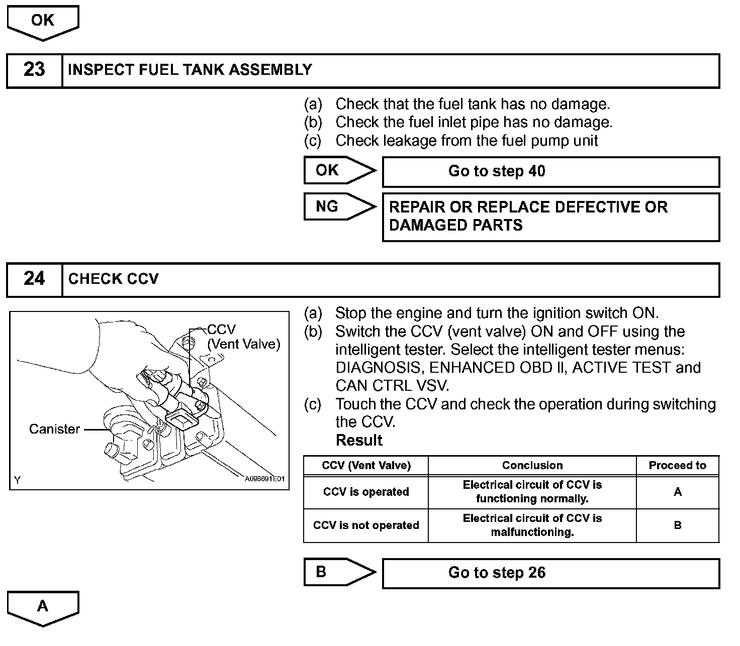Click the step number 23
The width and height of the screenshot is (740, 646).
point(34,70)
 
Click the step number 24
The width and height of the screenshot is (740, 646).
point(34,279)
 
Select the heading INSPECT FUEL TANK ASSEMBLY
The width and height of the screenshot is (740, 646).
point(190,70)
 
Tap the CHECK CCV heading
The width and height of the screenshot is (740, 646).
point(114,279)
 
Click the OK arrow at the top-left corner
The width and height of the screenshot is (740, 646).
point(43,22)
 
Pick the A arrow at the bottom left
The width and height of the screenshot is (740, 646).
point(43,606)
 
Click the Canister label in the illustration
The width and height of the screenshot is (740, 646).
point(54,429)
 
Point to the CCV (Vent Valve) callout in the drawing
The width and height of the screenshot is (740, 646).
point(243,337)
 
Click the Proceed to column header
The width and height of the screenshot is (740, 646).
point(677,466)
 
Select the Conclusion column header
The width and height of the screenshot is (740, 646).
point(532,466)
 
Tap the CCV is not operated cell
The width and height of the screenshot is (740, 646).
point(366,525)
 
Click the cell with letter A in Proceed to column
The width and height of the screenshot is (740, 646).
point(677,492)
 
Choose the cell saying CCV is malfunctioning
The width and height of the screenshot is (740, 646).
point(532,525)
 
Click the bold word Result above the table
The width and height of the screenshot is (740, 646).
point(359,441)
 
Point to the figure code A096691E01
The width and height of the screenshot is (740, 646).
point(264,479)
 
